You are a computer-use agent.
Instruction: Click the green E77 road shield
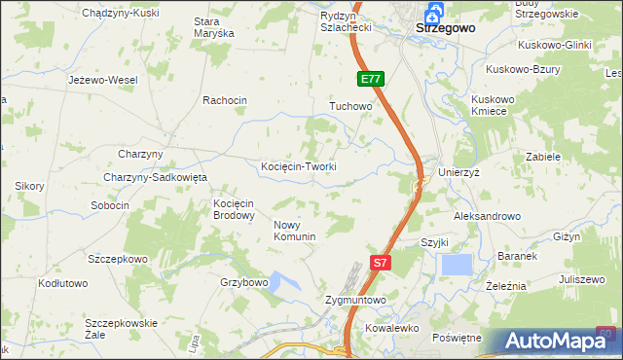coord(370,80)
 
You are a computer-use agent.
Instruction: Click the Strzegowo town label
coord(445,28)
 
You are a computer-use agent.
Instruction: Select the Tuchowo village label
coord(351,106)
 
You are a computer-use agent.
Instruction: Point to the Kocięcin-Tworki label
coord(299,166)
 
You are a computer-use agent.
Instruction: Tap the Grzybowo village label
coord(243,282)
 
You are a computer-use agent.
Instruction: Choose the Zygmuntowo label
coord(355,301)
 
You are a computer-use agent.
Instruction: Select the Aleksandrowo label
coord(487,216)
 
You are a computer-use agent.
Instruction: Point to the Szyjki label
coord(433,242)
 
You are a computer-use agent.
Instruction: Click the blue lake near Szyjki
coord(456,265)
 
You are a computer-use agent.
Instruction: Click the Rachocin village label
coord(225,100)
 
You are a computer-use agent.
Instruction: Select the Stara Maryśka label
coord(214,27)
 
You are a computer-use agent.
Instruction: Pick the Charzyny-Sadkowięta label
coord(157,177)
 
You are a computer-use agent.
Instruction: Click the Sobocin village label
coord(110,205)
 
